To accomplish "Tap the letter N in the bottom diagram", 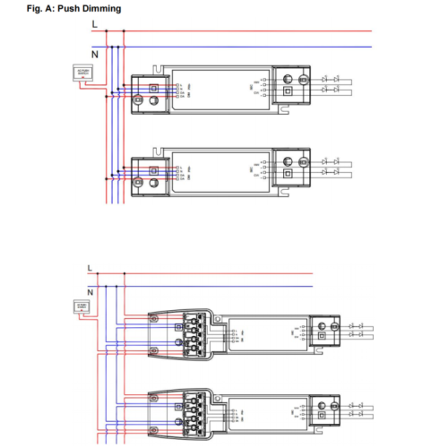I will coord(90,291).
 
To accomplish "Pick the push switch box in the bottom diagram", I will coord(78,307).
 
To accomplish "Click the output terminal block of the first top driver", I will coord(289,82).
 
